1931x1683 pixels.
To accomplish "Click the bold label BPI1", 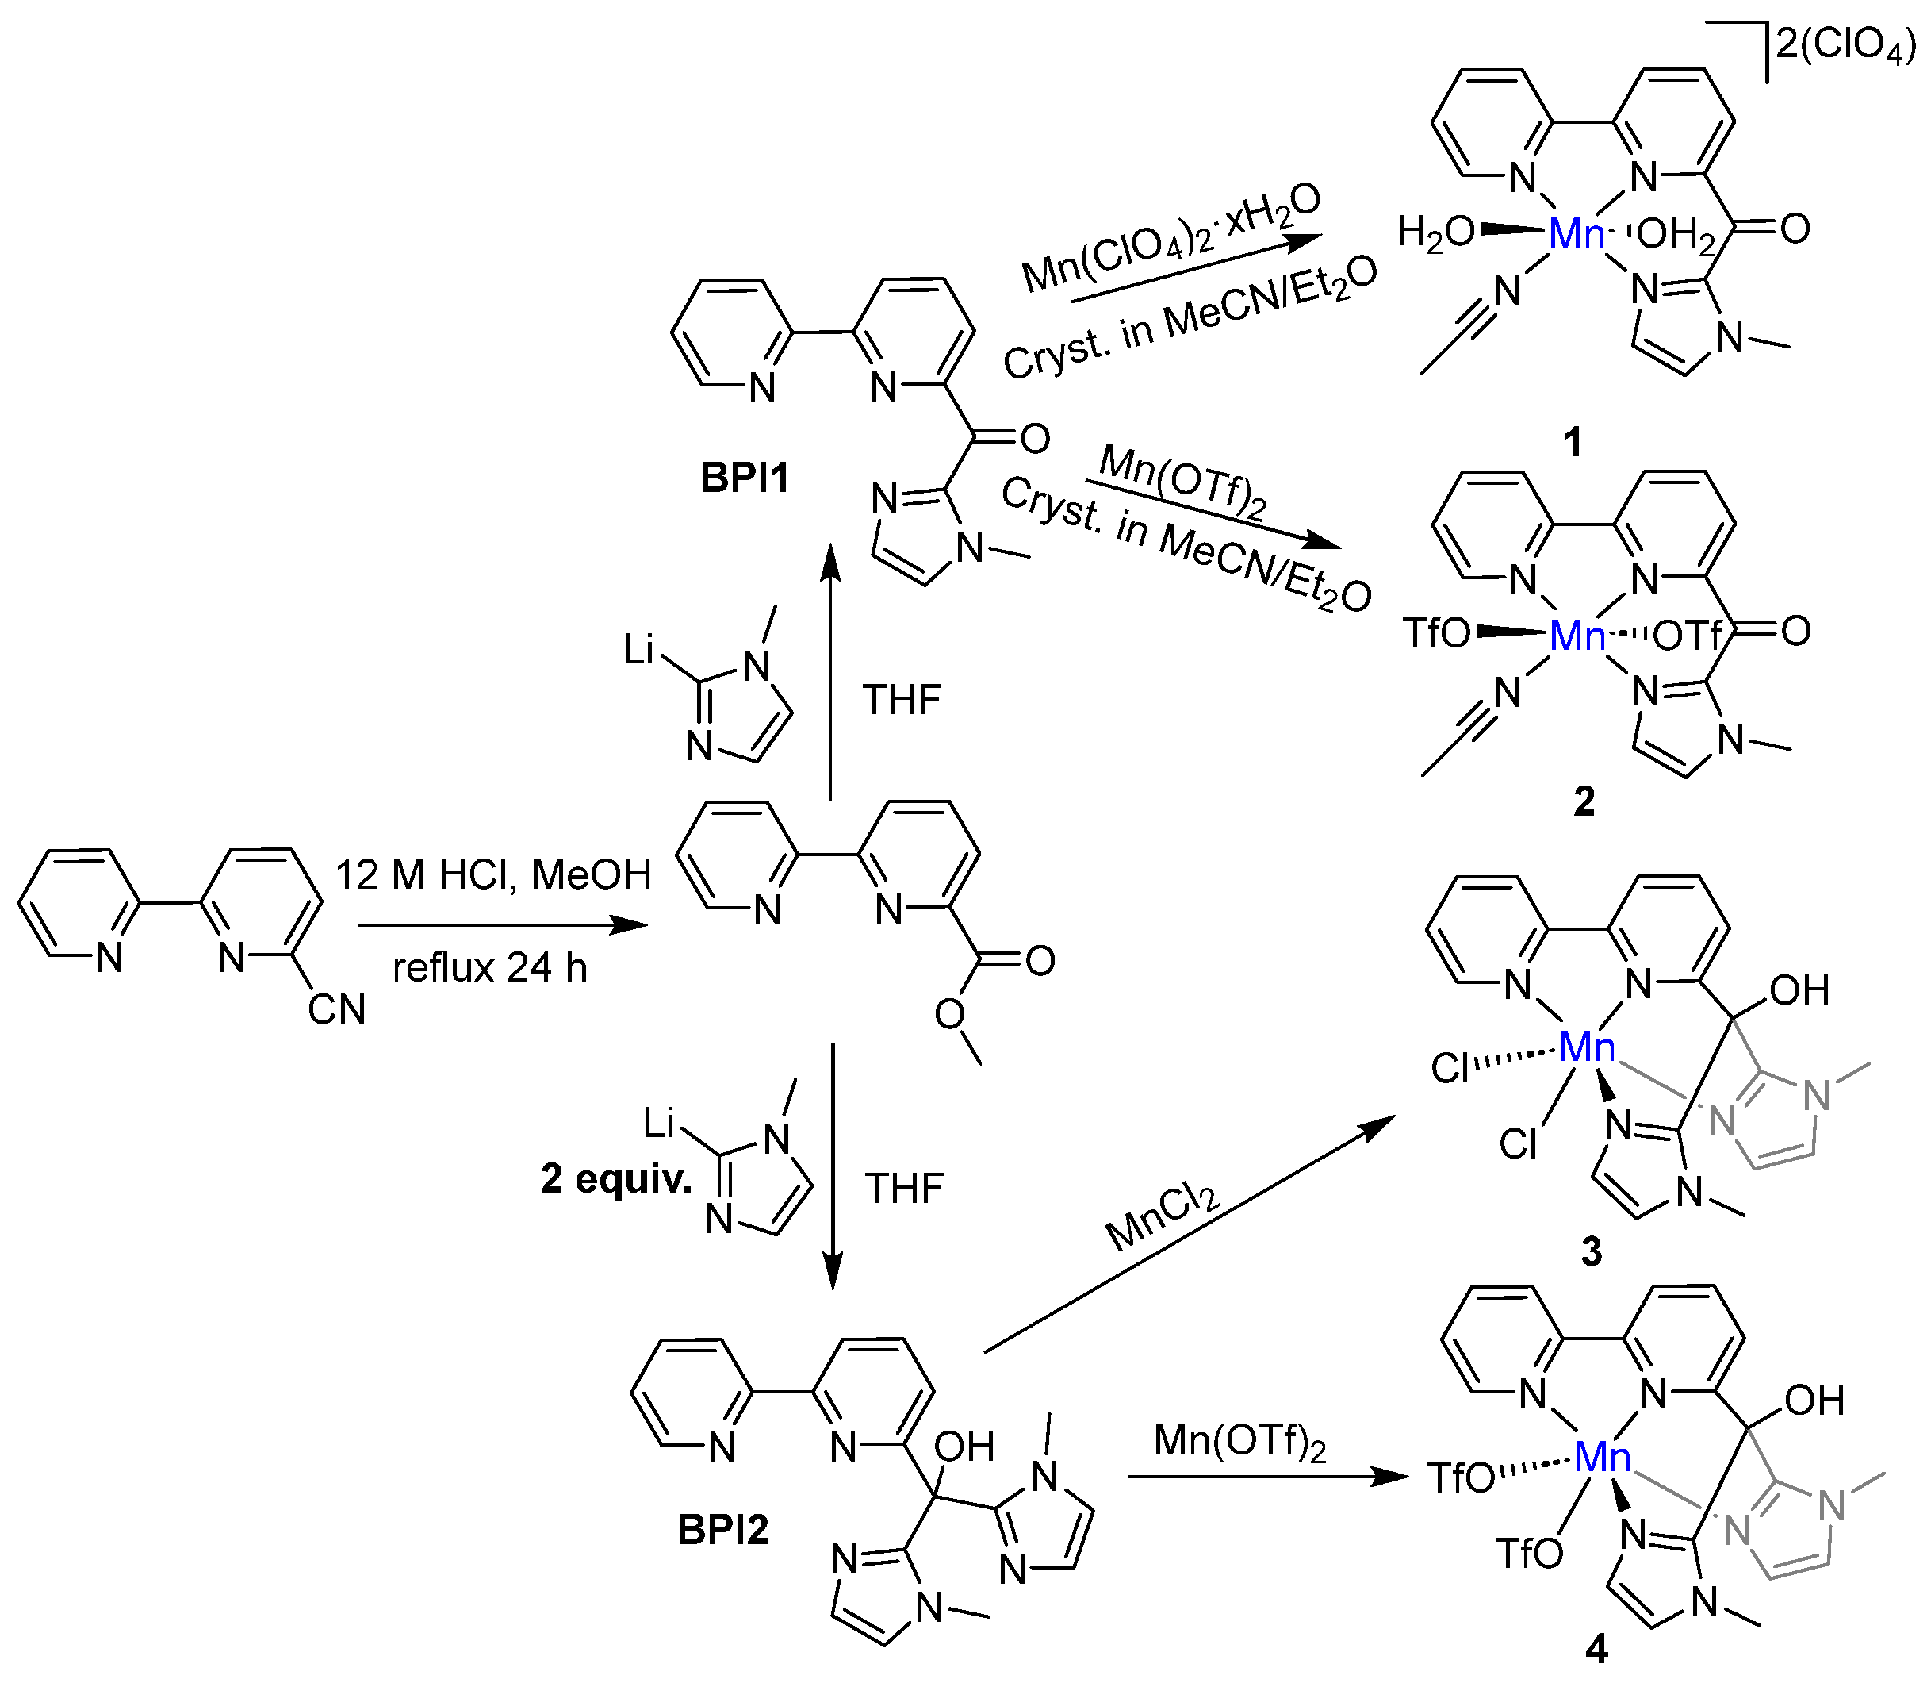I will (x=745, y=478).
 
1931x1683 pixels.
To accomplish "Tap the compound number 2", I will (x=1584, y=801).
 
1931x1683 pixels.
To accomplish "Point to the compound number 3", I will (x=1591, y=1251).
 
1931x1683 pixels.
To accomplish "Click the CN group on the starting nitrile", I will (x=336, y=1009).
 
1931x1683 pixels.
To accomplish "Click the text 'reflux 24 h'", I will (x=490, y=967).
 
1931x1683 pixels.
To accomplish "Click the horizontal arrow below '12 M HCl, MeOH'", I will (x=502, y=925).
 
